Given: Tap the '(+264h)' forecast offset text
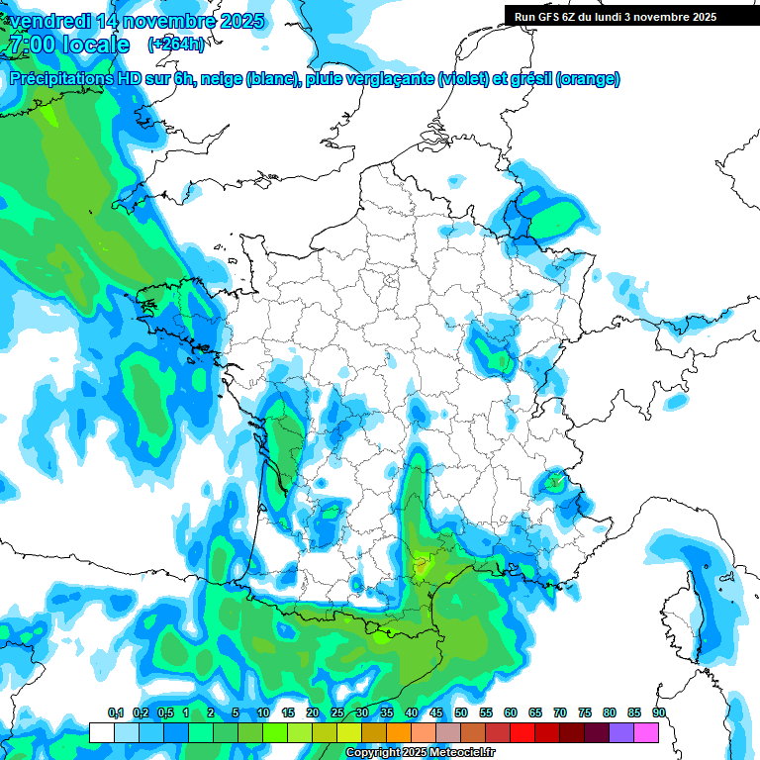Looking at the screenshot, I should coord(176,45).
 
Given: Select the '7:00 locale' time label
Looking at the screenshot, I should coord(68,45).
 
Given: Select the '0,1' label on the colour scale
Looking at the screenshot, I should coord(115,713).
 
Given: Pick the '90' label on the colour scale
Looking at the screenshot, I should coord(659,713).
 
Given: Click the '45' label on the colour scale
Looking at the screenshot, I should coord(436,713).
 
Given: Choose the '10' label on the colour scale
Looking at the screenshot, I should coord(263,713).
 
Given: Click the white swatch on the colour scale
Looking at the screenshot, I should coord(101,732).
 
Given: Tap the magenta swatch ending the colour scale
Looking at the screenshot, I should coord(646,732).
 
